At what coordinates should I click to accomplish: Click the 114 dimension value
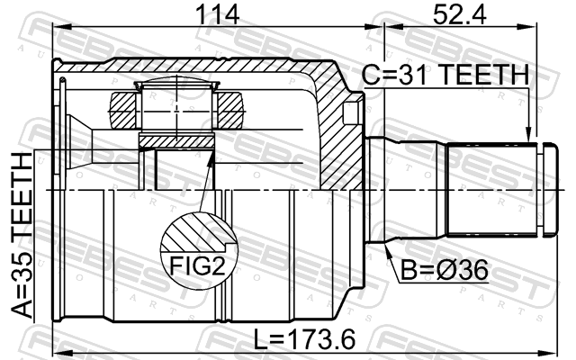point(217,14)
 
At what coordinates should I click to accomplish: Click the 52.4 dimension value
point(460,14)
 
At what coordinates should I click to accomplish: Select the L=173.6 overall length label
point(305,338)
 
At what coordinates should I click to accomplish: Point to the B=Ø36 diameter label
point(444,270)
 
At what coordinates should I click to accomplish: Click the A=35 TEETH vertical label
point(22,235)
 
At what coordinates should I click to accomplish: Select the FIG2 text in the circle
point(197,266)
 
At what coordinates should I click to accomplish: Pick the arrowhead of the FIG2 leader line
point(211,157)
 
